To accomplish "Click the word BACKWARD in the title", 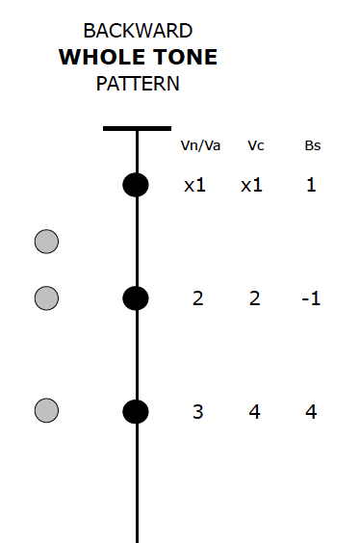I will click(138, 32).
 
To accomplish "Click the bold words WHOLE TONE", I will click(138, 58).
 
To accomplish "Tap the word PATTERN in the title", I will click(138, 84).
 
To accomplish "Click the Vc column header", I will click(255, 146).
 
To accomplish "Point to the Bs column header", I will click(311, 146).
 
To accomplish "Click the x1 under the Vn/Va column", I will click(195, 184).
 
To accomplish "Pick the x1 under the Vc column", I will click(251, 184).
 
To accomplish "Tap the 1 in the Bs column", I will click(311, 184).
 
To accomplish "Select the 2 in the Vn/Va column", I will click(197, 298).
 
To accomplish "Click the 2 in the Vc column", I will click(254, 298).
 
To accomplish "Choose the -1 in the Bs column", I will click(310, 298).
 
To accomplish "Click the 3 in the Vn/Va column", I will click(197, 412).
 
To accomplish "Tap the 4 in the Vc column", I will click(254, 412).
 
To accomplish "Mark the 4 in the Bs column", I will click(311, 412).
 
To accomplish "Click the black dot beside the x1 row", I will click(136, 185).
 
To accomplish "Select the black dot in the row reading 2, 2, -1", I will click(136, 298).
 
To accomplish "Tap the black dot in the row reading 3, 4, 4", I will click(136, 411).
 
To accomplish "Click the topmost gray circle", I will click(46, 242).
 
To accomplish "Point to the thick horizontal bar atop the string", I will click(137, 128).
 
